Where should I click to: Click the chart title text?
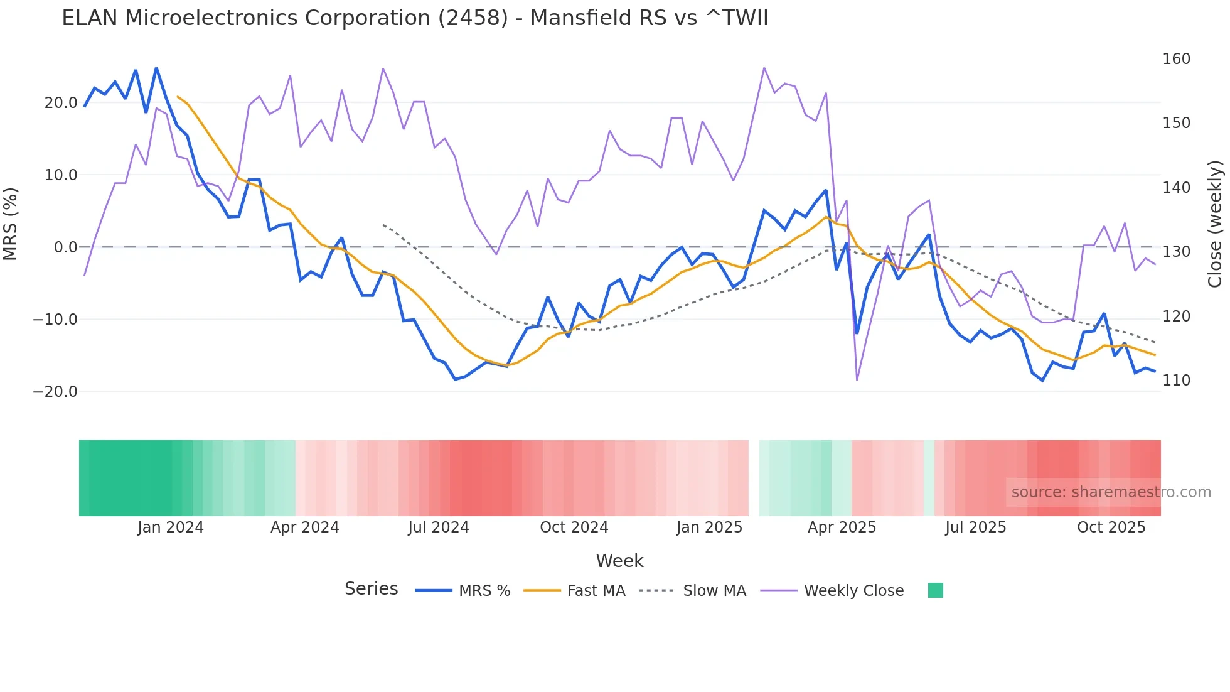pos(415,18)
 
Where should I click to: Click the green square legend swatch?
pos(935,590)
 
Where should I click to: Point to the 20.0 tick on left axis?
pos(61,103)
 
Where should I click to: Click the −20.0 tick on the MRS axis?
pos(55,392)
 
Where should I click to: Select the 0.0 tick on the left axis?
pos(65,247)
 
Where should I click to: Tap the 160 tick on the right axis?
pos(1176,59)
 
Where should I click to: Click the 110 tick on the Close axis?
pos(1176,381)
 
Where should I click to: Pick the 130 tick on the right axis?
pos(1176,252)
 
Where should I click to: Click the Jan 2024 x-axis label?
pos(171,527)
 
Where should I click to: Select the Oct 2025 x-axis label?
pos(1111,527)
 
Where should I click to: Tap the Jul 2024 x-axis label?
pos(439,527)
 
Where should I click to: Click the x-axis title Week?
pos(619,561)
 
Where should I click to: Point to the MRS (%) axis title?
pos(11,224)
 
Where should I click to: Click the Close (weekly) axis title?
pos(1215,224)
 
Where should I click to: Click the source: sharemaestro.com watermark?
pos(1111,492)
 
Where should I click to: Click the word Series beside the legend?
pos(371,589)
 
